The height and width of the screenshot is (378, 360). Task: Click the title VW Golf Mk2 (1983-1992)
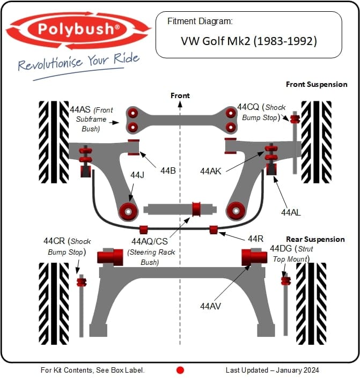click(x=248, y=41)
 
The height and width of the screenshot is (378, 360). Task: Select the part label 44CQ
click(x=248, y=107)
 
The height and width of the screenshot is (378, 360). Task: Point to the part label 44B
click(x=168, y=171)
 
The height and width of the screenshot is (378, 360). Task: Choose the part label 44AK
click(x=211, y=171)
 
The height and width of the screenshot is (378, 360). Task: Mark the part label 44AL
click(x=291, y=212)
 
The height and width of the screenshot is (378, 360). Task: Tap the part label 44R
click(x=255, y=239)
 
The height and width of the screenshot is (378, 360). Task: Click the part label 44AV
click(x=211, y=306)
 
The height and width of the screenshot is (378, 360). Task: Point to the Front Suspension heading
click(x=317, y=84)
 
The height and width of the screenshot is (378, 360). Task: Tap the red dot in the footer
click(x=180, y=370)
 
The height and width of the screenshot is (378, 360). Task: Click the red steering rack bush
click(x=196, y=208)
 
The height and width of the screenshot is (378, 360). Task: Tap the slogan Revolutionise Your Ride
click(x=79, y=63)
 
